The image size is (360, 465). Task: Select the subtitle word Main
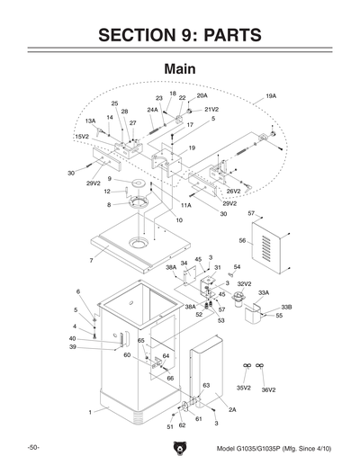(180, 70)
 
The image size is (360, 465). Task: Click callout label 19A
(270, 94)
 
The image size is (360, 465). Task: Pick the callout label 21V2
(199, 109)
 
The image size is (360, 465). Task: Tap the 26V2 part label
(233, 191)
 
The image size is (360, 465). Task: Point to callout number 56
(242, 241)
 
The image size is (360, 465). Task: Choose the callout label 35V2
(243, 388)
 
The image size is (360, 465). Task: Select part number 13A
(90, 121)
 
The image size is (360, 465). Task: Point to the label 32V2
(244, 283)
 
